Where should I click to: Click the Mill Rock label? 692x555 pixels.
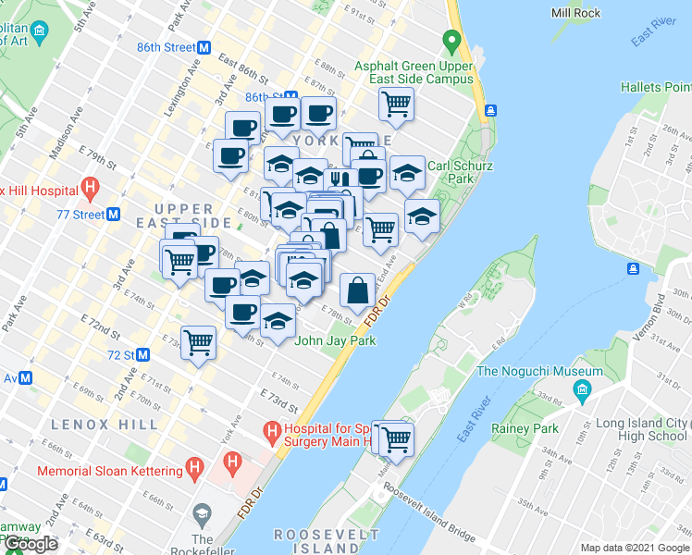point(575,13)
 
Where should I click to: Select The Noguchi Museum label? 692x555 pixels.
point(539,371)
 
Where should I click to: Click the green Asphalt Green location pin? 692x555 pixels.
point(451,42)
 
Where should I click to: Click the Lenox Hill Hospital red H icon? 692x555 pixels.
point(90,190)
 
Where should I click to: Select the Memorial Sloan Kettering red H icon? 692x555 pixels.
point(195,469)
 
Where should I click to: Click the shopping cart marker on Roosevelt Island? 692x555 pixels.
point(397,438)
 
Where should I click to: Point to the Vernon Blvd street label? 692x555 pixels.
point(661,309)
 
